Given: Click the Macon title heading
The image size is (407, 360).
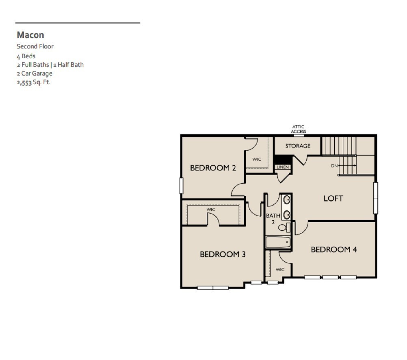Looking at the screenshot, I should [30, 35].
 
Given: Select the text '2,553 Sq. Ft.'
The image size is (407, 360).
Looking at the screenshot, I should [34, 82].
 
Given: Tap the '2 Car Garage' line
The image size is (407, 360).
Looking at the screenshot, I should [35, 74].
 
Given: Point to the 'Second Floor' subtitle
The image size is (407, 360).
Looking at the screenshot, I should [35, 46].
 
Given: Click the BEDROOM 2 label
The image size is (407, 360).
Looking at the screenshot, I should [213, 168].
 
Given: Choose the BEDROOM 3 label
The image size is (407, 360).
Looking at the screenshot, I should [223, 254].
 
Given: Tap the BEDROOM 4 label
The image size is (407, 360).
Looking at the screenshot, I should [333, 249].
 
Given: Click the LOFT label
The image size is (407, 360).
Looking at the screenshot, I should [333, 198].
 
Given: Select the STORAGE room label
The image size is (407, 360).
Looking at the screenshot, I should [297, 146].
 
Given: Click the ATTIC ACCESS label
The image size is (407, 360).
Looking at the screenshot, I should [298, 129].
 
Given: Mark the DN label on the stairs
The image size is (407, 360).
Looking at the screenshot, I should [334, 166].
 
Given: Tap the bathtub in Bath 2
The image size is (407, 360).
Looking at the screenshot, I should [278, 243].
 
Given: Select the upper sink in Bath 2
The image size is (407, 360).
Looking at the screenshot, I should [286, 200].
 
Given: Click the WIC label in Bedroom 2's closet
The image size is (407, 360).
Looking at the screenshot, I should [257, 159].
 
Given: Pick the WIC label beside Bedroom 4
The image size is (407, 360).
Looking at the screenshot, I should [280, 269].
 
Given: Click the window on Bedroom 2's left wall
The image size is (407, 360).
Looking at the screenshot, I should [181, 186].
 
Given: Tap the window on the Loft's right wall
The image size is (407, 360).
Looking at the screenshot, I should [376, 198].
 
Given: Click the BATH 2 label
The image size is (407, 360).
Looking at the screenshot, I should [273, 219].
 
